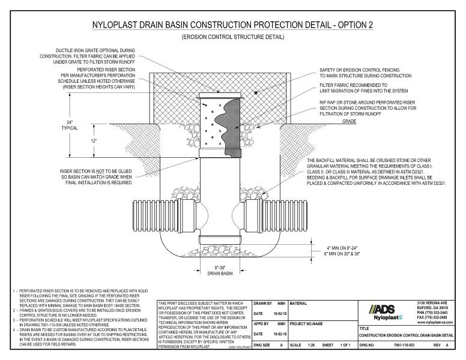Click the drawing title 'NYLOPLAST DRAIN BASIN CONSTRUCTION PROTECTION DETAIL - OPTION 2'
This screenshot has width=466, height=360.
(233, 26)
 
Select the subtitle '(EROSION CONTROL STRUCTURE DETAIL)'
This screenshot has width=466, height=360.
(232, 38)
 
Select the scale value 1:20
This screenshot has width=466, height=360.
(313, 347)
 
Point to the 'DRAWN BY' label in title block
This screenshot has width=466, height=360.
(261, 304)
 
